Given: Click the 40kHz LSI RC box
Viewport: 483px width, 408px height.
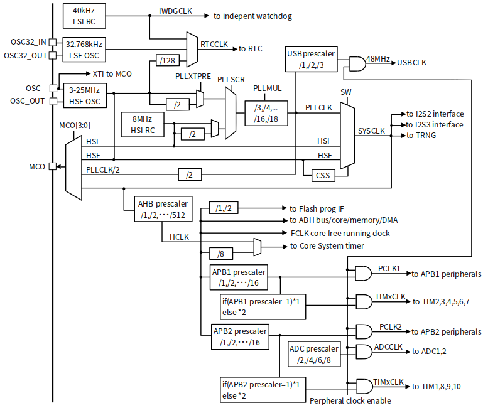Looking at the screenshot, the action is point(84,16).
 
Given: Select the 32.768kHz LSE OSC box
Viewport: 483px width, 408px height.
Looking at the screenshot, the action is point(84,50).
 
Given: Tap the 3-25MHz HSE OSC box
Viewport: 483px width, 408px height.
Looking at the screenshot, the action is point(85,95).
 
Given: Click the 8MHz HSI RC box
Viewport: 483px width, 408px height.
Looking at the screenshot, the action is point(143,125).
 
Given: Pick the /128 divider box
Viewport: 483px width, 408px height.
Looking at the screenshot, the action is point(167,61).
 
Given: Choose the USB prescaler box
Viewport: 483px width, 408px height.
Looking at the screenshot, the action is point(311,59).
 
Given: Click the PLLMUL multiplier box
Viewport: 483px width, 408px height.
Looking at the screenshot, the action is point(266,114).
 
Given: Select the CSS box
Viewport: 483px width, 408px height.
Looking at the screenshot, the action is point(323,176).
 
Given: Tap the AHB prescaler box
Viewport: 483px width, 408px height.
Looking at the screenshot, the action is point(163,209).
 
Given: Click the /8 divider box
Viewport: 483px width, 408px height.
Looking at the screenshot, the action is point(221,254).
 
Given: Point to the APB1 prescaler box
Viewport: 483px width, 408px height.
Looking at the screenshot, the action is point(239,277).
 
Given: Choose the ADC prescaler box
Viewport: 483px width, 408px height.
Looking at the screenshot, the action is point(314,354).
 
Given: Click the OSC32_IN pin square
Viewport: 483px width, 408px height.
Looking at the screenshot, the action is point(53,42).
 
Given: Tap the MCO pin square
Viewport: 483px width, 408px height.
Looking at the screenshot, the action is point(53,166).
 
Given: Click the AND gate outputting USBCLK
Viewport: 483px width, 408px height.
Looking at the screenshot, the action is point(357,64).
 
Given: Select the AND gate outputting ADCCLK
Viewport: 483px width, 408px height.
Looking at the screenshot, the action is point(364,352).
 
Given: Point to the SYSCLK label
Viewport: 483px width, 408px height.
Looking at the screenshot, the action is point(371,131).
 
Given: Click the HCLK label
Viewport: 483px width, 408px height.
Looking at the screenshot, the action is point(179,237).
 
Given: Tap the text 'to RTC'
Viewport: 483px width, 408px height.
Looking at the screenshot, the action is point(251,49).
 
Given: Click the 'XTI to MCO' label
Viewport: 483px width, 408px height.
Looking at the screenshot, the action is point(112,74).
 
